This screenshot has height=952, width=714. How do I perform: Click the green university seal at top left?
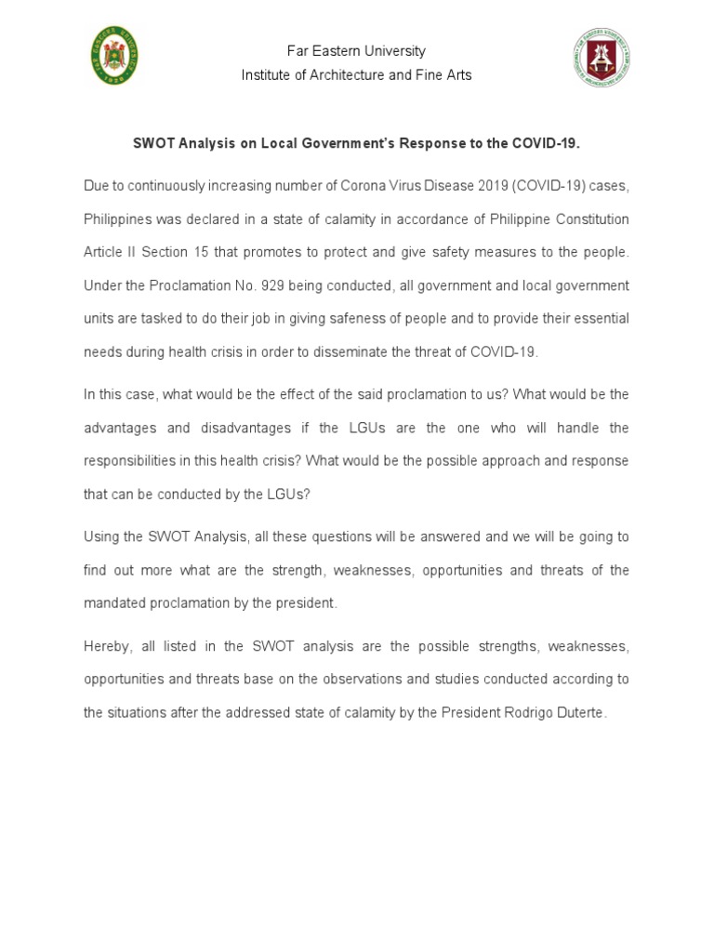[114, 57]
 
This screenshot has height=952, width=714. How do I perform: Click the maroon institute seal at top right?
[601, 57]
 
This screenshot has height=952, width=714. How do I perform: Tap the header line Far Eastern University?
[356, 51]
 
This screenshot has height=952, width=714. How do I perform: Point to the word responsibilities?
[131, 461]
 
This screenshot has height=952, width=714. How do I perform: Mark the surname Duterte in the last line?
[580, 713]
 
